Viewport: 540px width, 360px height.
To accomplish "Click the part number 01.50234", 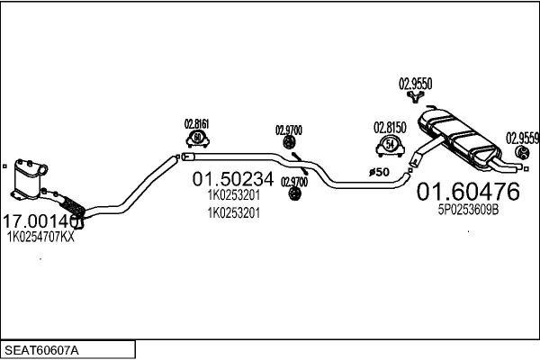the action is [x=233, y=179].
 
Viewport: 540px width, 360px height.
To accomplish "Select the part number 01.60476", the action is [x=468, y=192].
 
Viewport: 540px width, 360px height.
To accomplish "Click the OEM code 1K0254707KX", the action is [x=40, y=237].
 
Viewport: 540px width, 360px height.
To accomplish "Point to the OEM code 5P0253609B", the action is [x=468, y=210].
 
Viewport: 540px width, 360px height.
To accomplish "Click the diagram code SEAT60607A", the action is [x=41, y=350].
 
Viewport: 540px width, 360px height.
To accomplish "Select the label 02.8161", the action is [x=196, y=124].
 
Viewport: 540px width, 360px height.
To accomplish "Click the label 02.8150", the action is [x=390, y=128].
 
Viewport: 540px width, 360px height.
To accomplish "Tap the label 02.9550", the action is [x=415, y=84].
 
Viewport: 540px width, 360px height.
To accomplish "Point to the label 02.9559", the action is [x=522, y=139].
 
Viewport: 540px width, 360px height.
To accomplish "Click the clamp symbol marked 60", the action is [x=198, y=139].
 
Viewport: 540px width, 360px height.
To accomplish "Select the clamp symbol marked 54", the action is [x=390, y=147].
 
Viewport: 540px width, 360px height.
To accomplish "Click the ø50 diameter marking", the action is [x=379, y=172].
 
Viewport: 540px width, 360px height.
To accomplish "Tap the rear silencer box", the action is [x=459, y=139].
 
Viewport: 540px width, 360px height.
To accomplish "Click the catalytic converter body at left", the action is [x=28, y=179].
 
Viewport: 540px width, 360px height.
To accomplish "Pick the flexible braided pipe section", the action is [x=72, y=206].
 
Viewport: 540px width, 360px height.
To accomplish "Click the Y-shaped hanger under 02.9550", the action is [x=415, y=97].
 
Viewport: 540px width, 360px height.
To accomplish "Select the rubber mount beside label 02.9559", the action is [x=522, y=153].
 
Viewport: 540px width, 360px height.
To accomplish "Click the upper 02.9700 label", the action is [x=289, y=130].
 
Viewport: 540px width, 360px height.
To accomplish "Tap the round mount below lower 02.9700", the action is [x=293, y=193].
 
